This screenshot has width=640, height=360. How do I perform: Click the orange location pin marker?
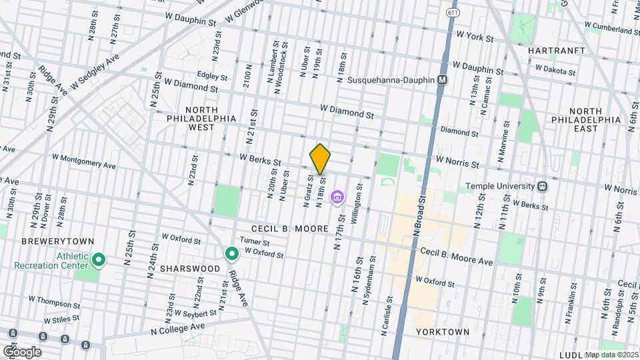[x=320, y=159]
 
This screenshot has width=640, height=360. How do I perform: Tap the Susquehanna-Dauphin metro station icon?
[x=441, y=80]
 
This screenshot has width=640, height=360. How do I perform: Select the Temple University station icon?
[x=543, y=187]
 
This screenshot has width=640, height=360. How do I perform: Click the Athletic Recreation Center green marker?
[x=99, y=259]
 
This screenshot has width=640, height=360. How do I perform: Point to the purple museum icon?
[x=337, y=197]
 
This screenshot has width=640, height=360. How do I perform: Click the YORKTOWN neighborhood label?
[x=442, y=332]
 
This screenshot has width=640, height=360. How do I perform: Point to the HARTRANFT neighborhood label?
[x=556, y=51]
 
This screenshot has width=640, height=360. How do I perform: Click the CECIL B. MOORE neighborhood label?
[x=290, y=229]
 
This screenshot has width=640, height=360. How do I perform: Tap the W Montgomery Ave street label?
[x=85, y=161]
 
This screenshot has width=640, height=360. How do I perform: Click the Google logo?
[x=21, y=351]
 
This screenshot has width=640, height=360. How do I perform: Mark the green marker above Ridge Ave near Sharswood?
[x=232, y=254]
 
